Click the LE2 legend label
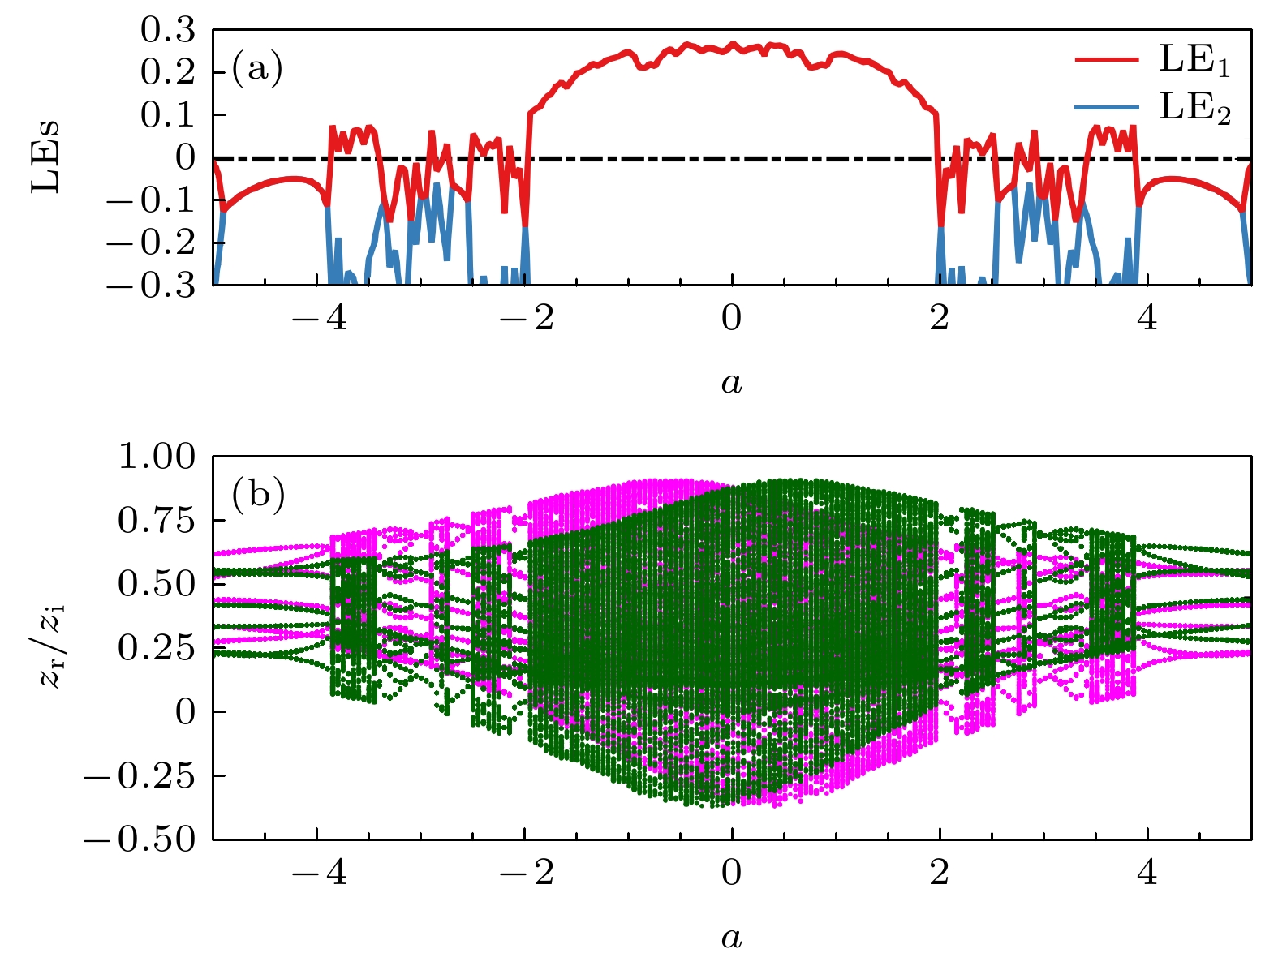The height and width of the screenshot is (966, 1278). [x=1194, y=107]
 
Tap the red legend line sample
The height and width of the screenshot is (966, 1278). [x=1108, y=59]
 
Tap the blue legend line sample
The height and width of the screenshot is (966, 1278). [x=1108, y=106]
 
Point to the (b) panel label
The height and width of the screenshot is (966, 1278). [x=258, y=494]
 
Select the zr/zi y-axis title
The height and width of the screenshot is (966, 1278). [x=51, y=647]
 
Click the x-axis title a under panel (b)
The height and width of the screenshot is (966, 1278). [x=731, y=938]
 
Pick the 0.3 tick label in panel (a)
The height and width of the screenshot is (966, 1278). [x=168, y=31]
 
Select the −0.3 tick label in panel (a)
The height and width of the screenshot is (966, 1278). [x=152, y=286]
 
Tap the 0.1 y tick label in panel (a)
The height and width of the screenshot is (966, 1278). [x=168, y=115]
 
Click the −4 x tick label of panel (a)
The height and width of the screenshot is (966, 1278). [x=319, y=318]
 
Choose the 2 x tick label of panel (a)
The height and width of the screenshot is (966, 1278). [x=940, y=318]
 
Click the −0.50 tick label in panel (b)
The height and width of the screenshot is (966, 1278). [x=140, y=839]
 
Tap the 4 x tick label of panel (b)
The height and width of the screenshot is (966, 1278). [x=1147, y=874]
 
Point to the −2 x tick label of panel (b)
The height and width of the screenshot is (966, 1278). [x=527, y=874]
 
